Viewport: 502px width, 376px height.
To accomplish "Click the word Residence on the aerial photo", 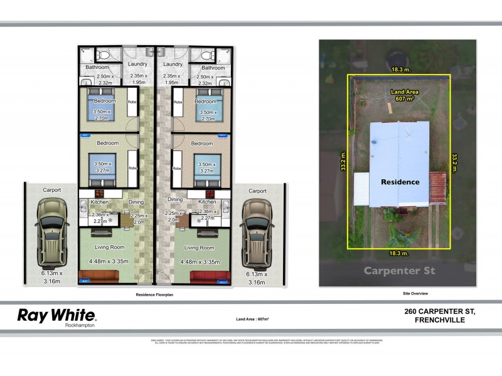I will (x=400, y=182).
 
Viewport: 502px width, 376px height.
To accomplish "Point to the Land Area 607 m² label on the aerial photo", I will (x=403, y=95).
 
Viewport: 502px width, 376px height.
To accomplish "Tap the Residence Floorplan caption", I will (x=154, y=293).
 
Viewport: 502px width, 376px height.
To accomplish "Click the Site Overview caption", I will (x=415, y=293).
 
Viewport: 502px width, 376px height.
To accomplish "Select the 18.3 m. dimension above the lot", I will (x=399, y=70).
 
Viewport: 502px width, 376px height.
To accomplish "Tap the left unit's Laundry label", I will (x=137, y=64).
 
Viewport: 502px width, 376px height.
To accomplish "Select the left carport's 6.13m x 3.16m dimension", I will (x=51, y=278).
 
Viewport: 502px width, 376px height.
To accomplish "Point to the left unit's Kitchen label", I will (x=100, y=202).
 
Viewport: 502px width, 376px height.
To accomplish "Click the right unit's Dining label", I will (x=175, y=199).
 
